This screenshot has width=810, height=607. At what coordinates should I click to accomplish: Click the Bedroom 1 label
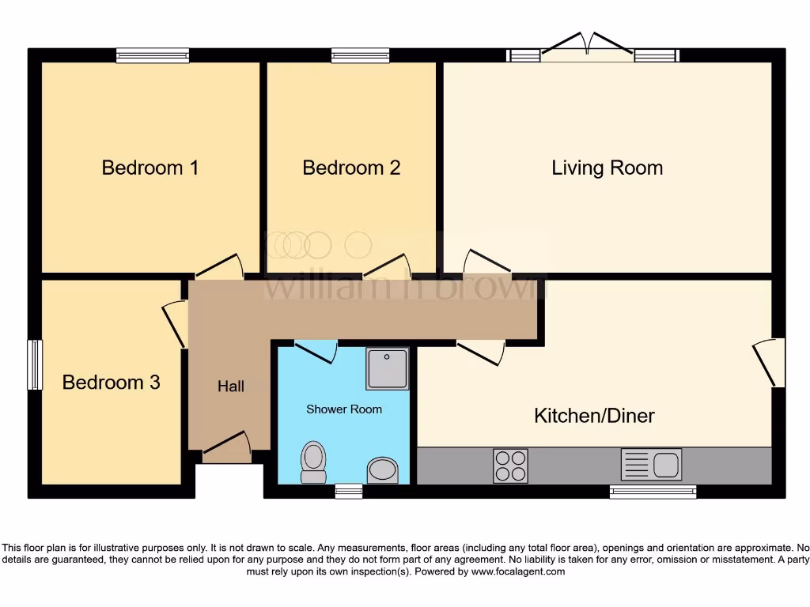150,168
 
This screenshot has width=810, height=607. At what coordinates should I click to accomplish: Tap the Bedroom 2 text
351,168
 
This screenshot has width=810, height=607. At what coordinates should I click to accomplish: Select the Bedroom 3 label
111,383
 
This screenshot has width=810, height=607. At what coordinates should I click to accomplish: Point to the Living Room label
607,168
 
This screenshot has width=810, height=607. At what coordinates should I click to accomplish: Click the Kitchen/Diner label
594,416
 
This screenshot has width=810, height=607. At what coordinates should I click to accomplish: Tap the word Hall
231,386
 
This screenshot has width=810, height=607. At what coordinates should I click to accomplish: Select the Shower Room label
344,409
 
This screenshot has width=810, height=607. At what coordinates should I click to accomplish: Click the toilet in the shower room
314,462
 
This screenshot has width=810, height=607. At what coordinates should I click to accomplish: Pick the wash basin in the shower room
384,469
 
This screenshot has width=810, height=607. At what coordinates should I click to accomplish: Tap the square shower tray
388,368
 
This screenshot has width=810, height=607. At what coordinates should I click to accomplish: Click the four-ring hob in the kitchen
510,466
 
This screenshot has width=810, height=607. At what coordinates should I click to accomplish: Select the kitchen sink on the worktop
651,464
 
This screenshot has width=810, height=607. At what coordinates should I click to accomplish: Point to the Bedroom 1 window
153,55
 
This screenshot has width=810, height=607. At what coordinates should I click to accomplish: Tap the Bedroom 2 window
360,55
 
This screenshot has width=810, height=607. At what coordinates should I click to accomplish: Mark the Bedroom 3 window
34,365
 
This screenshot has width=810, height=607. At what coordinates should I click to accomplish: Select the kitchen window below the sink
653,492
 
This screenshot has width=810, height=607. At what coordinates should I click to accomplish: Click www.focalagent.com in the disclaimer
519,571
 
